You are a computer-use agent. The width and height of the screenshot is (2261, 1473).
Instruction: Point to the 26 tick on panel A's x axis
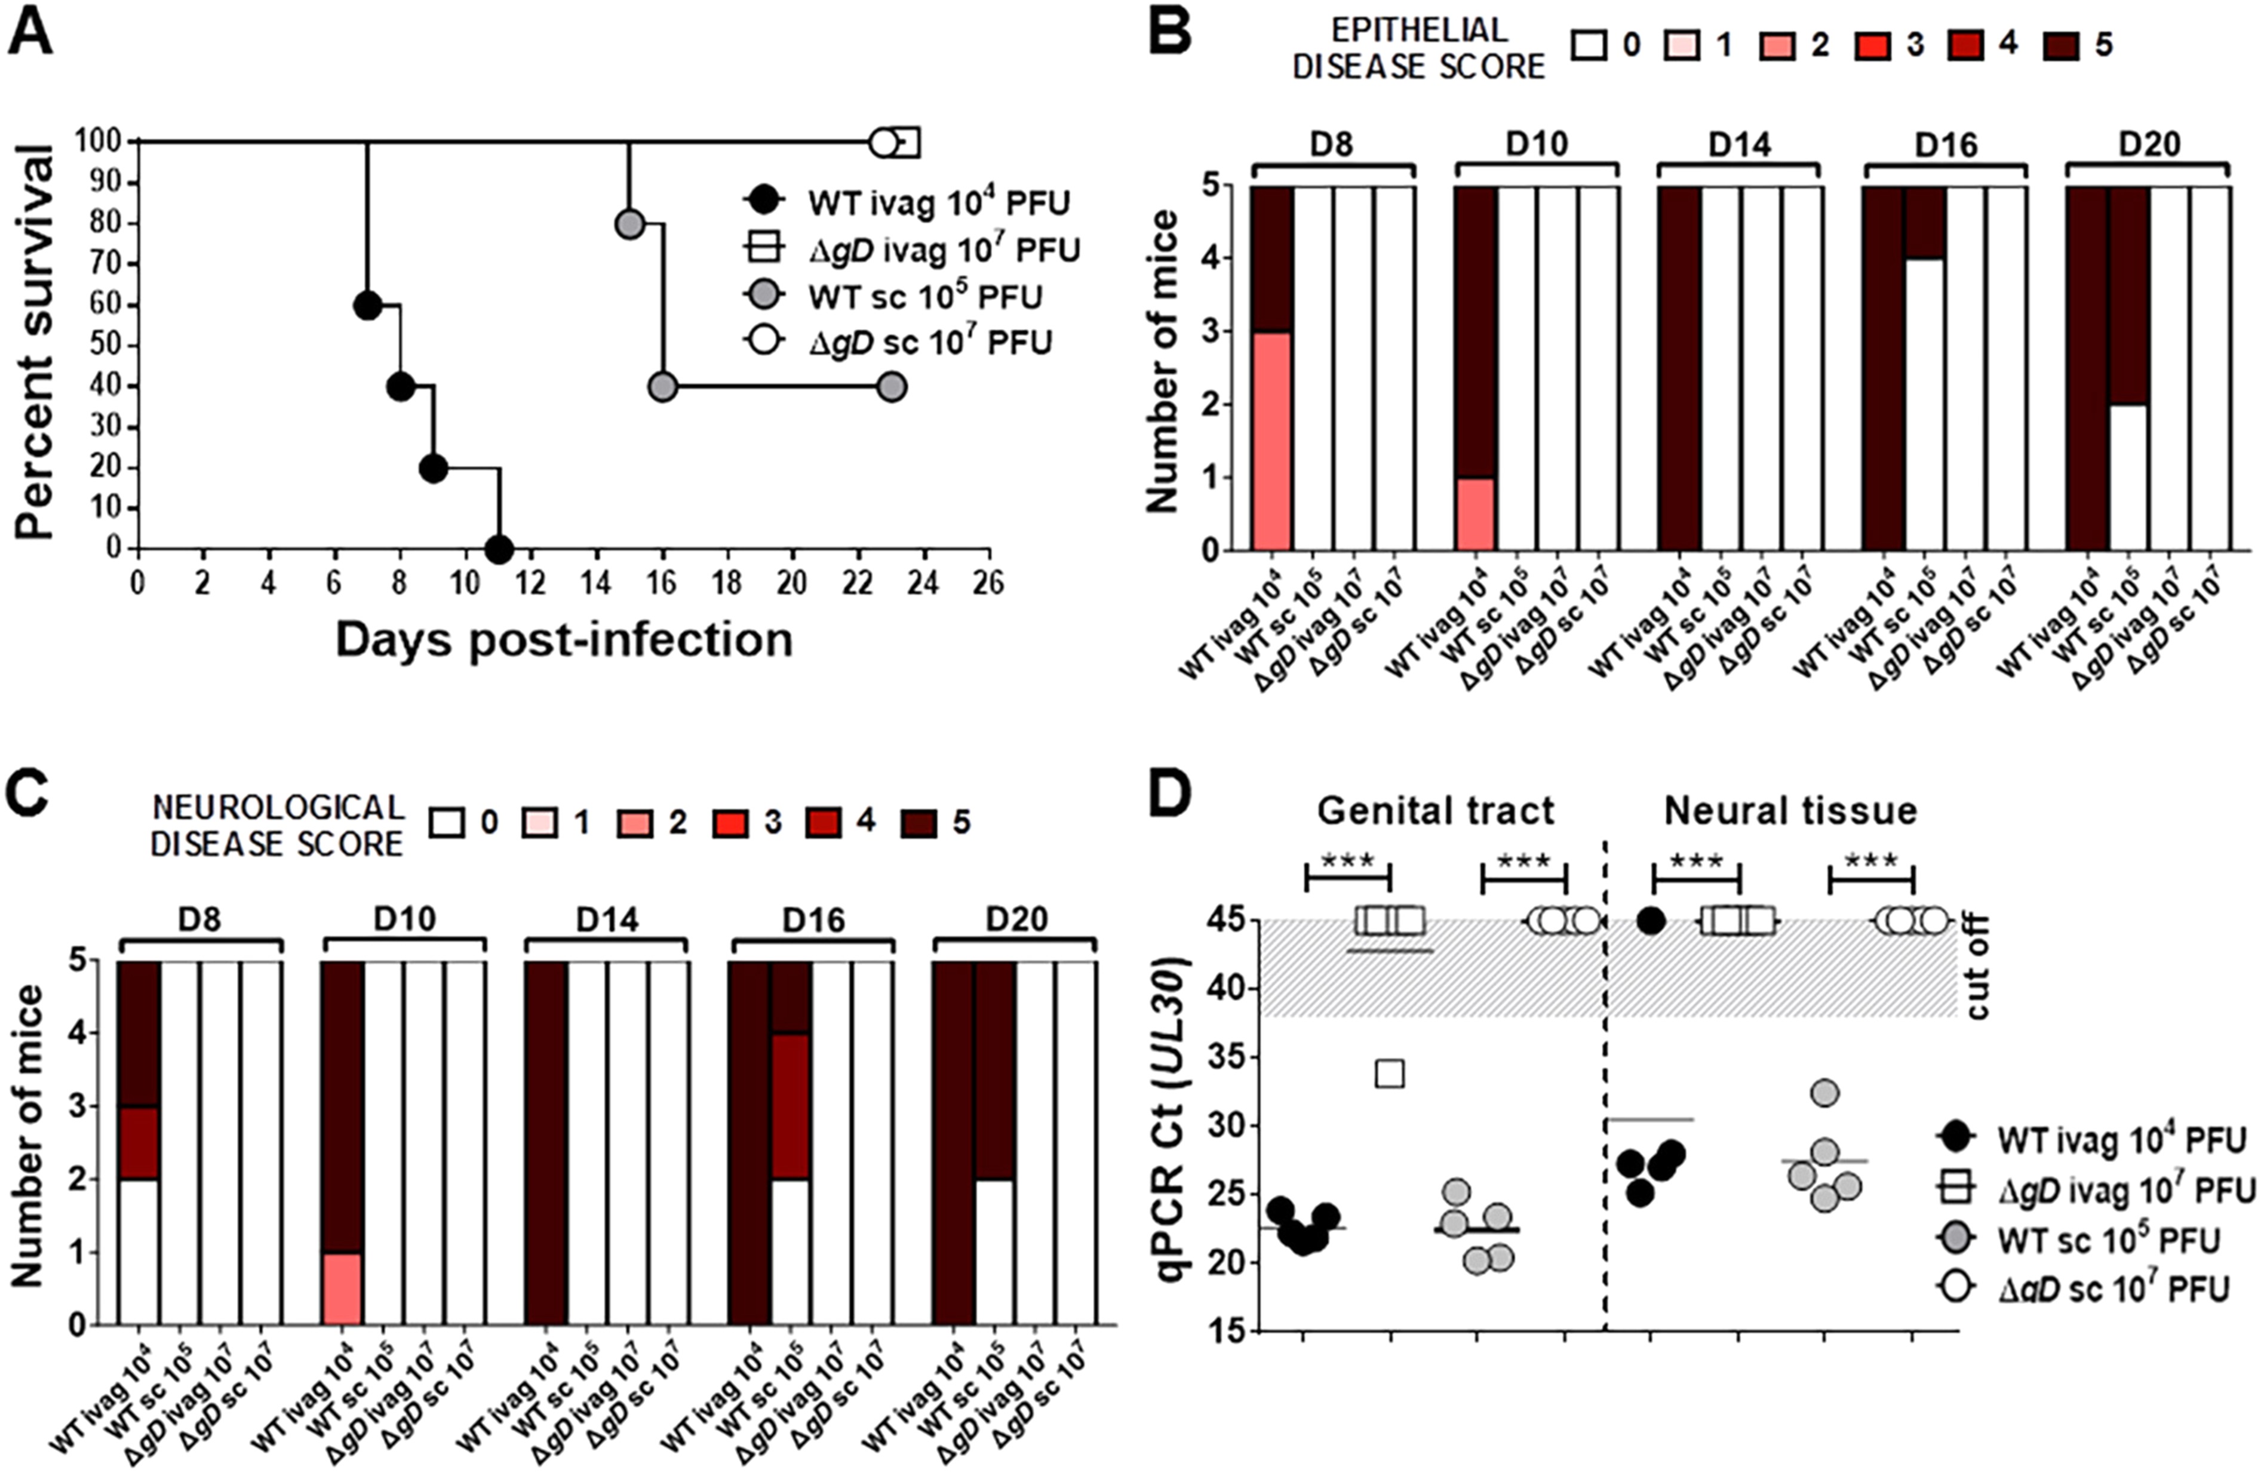tap(988, 581)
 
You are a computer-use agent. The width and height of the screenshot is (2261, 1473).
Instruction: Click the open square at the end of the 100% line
tap(905, 143)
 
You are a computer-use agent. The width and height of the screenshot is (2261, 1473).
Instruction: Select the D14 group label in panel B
tap(1740, 144)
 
